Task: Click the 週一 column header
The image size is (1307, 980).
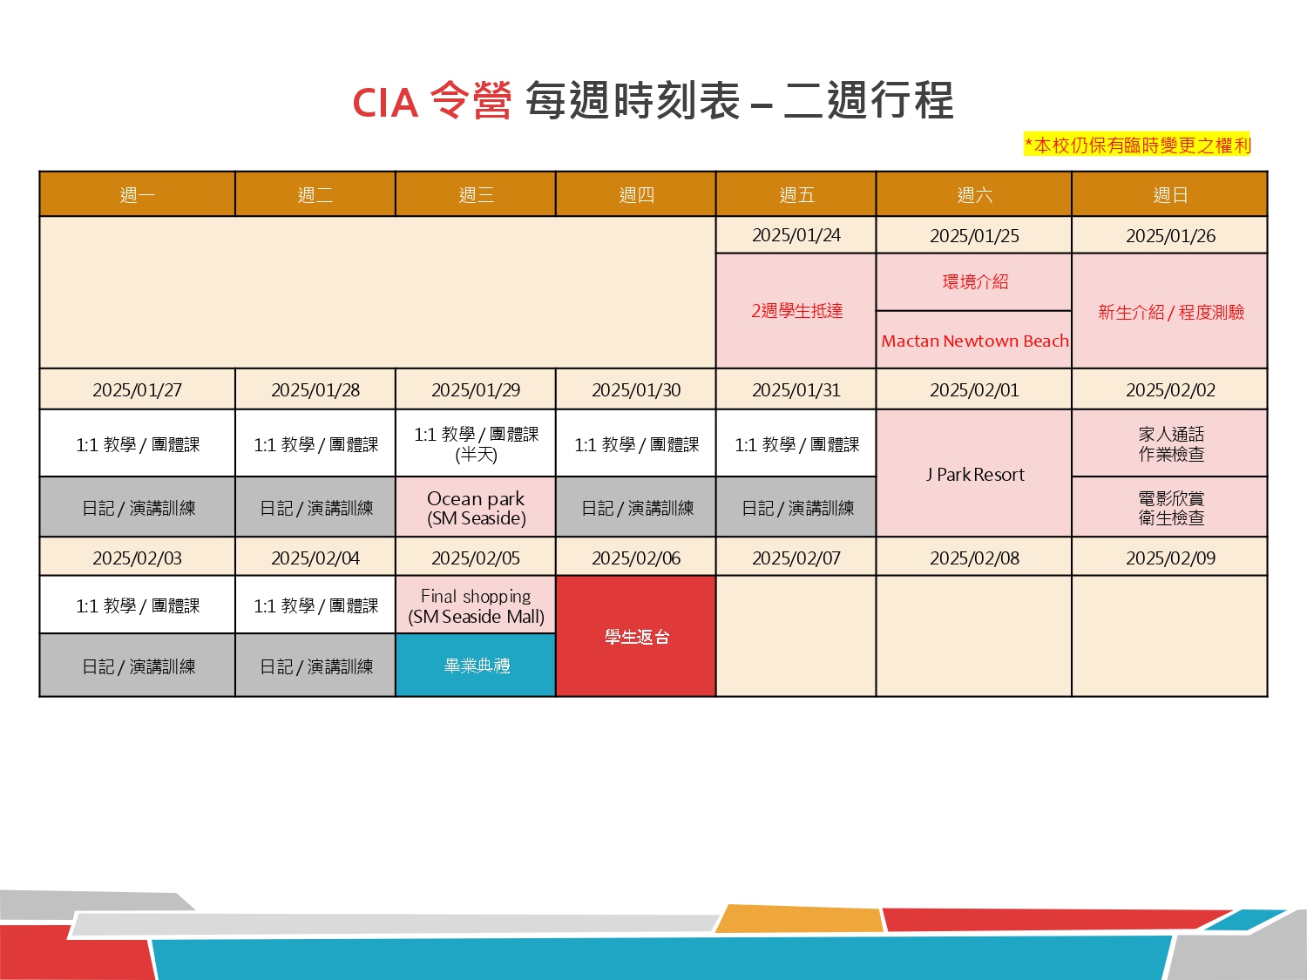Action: pyautogui.click(x=137, y=194)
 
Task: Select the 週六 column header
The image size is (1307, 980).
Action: pyautogui.click(x=974, y=194)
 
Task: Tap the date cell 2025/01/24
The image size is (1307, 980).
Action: pyautogui.click(x=796, y=235)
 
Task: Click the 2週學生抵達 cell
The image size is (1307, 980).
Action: pyautogui.click(x=796, y=311)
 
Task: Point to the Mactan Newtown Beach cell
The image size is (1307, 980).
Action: pyautogui.click(x=974, y=340)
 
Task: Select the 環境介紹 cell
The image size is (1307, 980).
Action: pyautogui.click(x=974, y=282)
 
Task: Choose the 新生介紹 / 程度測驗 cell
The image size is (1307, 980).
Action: pyautogui.click(x=1170, y=311)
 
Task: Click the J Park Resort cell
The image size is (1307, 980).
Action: pyautogui.click(x=974, y=473)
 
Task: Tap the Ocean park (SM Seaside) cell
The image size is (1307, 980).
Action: pyautogui.click(x=476, y=507)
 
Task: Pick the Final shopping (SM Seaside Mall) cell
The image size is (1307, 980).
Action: pyautogui.click(x=476, y=605)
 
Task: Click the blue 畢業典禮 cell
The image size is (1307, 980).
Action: pyautogui.click(x=476, y=666)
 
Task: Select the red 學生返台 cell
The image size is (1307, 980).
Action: pyautogui.click(x=636, y=636)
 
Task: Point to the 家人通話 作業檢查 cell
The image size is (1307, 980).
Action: pyautogui.click(x=1170, y=443)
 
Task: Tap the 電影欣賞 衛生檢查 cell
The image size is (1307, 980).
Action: pyautogui.click(x=1170, y=507)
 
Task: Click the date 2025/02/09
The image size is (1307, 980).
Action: pyautogui.click(x=1170, y=558)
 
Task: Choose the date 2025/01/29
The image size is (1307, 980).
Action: pyautogui.click(x=476, y=389)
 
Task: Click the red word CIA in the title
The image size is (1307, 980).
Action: pyautogui.click(x=385, y=103)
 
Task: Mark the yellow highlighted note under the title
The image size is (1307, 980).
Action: pyautogui.click(x=1137, y=145)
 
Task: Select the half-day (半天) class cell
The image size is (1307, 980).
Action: pyautogui.click(x=476, y=443)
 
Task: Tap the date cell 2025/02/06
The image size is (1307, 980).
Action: pyautogui.click(x=636, y=558)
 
